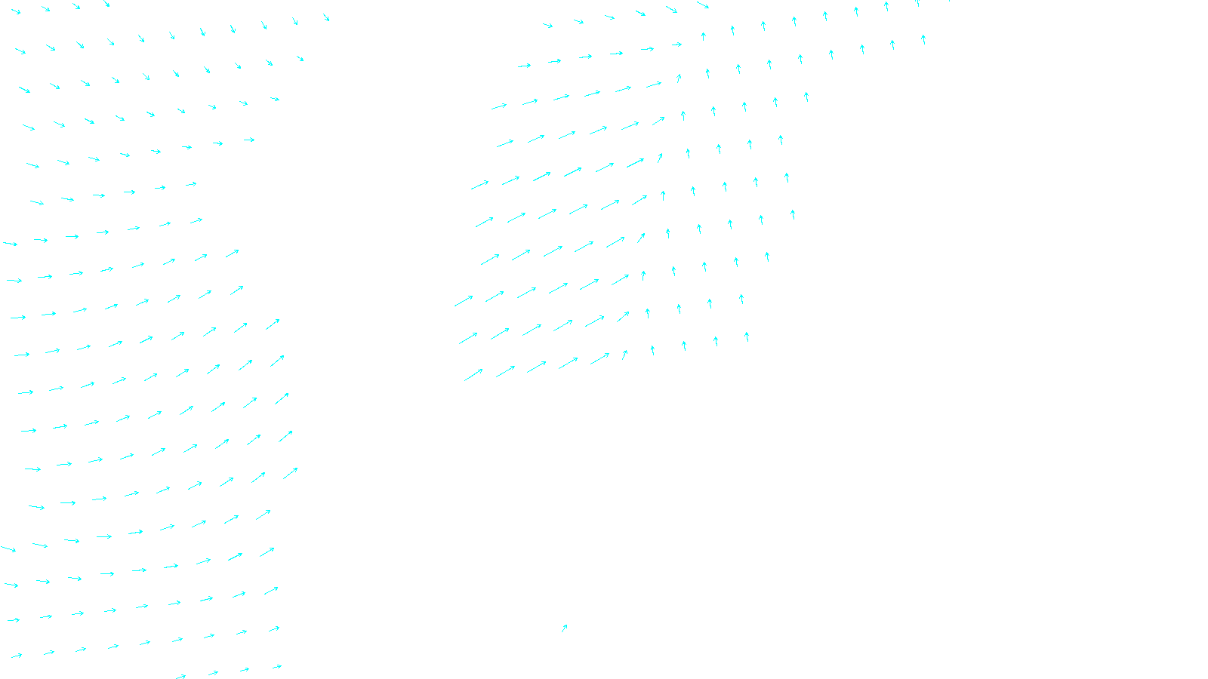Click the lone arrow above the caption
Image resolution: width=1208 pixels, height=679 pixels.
click(564, 628)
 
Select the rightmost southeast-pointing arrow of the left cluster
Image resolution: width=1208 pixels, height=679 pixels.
click(326, 17)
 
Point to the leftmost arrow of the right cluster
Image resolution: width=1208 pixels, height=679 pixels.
click(464, 301)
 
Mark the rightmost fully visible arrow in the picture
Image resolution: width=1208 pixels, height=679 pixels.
click(923, 39)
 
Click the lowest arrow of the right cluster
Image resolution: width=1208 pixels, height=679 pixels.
click(473, 374)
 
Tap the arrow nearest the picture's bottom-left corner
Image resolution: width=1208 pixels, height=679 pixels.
click(16, 656)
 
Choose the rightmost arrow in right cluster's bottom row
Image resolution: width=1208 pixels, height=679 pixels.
click(747, 336)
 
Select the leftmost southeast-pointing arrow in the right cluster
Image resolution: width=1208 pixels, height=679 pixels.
click(547, 26)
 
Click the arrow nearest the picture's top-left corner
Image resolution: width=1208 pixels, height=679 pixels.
click(15, 11)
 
